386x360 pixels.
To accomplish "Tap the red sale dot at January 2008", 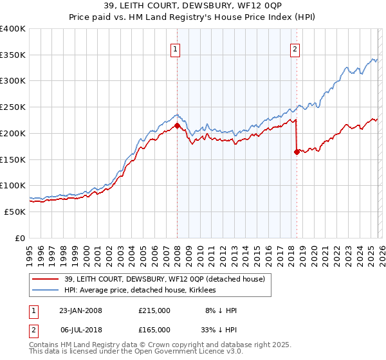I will pyautogui.click(x=177, y=125).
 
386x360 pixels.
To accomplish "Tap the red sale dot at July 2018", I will pyautogui.click(x=297, y=152).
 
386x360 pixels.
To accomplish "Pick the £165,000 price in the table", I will pyautogui.click(x=154, y=331).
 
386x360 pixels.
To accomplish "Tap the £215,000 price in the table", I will pyautogui.click(x=154, y=310).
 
